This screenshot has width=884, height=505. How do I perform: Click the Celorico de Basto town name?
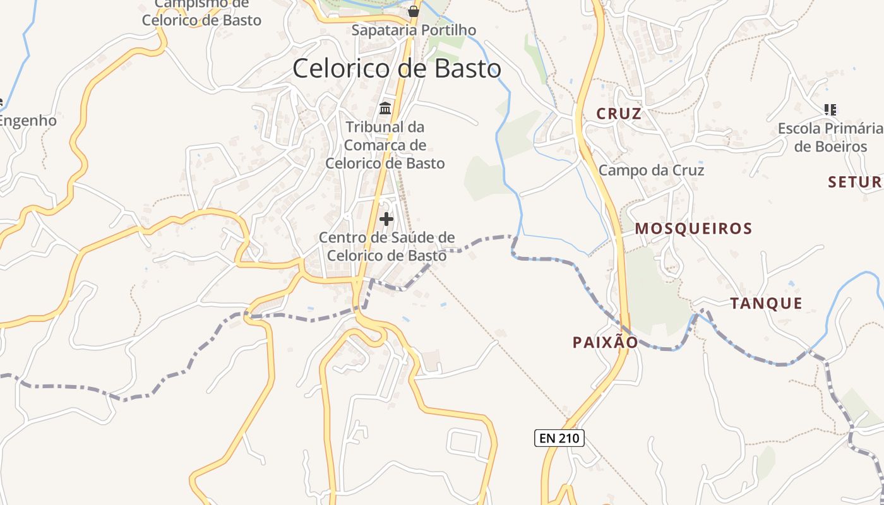click(x=397, y=68)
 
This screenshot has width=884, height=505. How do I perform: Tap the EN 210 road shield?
click(x=559, y=437)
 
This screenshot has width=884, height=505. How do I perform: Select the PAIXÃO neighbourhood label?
click(x=605, y=342)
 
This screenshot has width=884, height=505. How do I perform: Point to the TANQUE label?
click(x=767, y=304)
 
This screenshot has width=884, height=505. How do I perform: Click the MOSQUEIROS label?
click(x=693, y=229)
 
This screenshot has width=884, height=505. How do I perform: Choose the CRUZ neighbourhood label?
click(x=619, y=114)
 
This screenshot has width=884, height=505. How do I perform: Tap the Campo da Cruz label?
click(x=651, y=170)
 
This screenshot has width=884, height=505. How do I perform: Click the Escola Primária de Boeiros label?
click(x=830, y=138)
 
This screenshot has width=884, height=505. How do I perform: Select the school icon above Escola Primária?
click(x=830, y=110)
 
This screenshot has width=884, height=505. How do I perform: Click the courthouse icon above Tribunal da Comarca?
click(x=385, y=109)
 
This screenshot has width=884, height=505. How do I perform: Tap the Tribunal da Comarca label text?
click(x=385, y=145)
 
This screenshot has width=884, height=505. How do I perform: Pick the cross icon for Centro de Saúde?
click(x=386, y=219)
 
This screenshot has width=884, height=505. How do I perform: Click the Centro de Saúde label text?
click(x=386, y=247)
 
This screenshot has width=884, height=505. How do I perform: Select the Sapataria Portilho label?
click(x=414, y=30)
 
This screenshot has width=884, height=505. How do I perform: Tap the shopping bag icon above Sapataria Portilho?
click(x=414, y=11)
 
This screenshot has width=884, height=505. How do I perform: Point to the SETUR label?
click(x=855, y=182)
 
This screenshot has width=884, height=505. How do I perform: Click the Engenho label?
click(x=28, y=121)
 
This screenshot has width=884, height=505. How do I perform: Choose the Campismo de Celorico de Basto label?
click(x=201, y=13)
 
